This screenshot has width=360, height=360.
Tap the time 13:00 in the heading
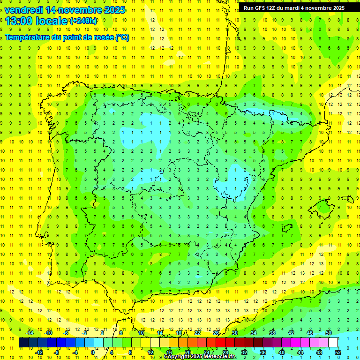point(18,21)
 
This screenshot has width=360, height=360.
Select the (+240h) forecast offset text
point(83,21)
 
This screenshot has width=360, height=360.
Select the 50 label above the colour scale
point(328,333)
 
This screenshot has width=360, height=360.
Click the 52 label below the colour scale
point(337,352)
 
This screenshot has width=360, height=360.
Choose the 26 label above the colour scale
point(216,333)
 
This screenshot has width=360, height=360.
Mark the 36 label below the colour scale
point(262,352)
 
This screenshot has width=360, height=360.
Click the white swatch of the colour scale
point(333,343)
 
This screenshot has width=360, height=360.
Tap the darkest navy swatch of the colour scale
point(23,343)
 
